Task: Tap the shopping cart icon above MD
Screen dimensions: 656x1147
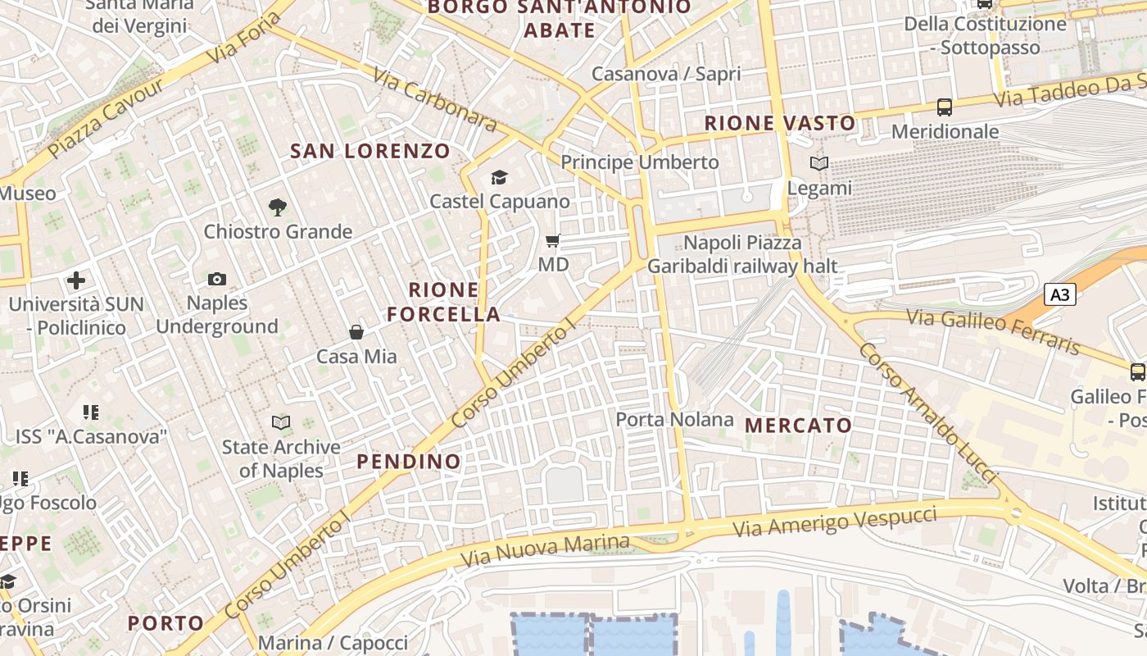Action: tap(553, 241)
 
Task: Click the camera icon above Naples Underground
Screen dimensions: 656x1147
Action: tap(217, 280)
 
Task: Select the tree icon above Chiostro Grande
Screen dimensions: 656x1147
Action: tap(278, 207)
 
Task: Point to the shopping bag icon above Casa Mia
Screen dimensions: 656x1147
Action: tap(356, 332)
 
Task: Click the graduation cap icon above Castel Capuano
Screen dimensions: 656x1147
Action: tap(499, 177)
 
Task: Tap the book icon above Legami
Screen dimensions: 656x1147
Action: tap(819, 164)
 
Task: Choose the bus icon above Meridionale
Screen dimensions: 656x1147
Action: tap(945, 107)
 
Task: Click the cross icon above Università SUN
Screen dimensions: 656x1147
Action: tap(76, 280)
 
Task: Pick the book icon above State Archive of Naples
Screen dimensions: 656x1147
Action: tap(281, 423)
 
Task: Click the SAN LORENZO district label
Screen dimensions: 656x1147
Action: tap(370, 151)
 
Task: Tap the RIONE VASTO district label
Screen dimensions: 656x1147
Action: tap(780, 124)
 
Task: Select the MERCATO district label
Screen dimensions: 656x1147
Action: tap(799, 426)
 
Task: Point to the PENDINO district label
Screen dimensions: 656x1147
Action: tap(409, 462)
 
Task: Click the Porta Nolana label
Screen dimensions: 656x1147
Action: tap(674, 420)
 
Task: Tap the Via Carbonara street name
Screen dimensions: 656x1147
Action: tap(434, 100)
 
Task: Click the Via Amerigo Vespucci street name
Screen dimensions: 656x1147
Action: tap(834, 522)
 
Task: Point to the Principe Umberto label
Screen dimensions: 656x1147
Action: tap(639, 162)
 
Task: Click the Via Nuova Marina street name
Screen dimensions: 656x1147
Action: tap(545, 551)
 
